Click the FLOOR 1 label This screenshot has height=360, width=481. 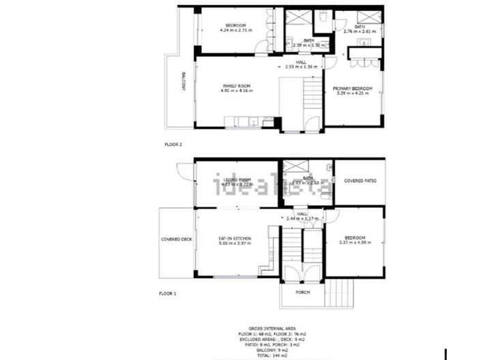tap(168, 293)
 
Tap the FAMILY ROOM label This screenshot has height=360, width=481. tap(235, 86)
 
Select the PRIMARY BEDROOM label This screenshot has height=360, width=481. tap(352, 89)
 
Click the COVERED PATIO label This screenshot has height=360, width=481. tap(360, 181)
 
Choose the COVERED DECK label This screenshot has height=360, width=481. tap(175, 239)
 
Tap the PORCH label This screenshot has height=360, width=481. tap(303, 292)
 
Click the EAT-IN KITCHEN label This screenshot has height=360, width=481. tap(235, 239)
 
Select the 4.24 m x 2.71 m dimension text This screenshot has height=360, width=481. tap(236, 31)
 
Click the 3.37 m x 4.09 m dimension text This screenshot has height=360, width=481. tap(354, 243)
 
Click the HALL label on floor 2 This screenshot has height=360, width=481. tap(301, 63)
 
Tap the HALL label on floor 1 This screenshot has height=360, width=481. tap(303, 213)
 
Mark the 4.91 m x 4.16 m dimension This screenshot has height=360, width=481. tap(235, 91)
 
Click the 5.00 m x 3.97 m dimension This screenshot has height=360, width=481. tap(235, 243)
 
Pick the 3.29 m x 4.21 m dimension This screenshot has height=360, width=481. tap(352, 93)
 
